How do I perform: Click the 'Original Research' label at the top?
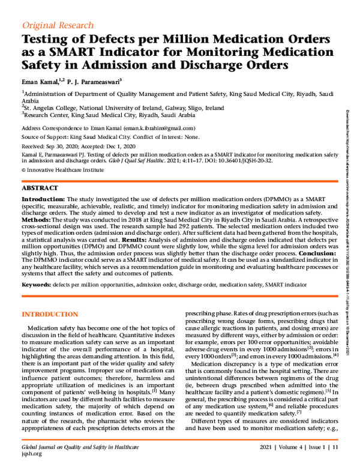58,25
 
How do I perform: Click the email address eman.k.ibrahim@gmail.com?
159,128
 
